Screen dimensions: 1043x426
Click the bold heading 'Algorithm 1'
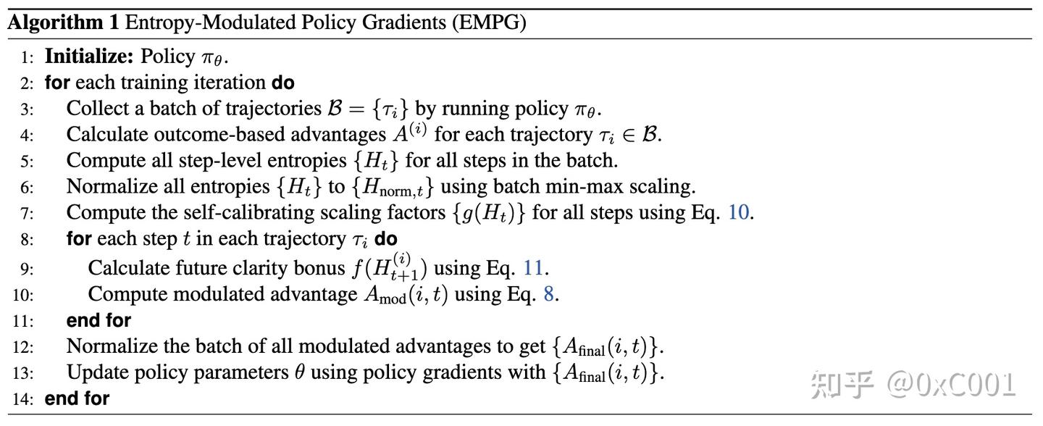63,22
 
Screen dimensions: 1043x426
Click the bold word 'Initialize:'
89,57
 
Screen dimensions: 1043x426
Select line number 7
27,214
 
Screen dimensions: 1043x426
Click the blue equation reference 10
739,212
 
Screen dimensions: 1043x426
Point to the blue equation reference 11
532,268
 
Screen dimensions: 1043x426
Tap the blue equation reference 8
548,294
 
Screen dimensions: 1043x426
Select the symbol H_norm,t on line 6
393,187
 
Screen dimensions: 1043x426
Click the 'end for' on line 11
99,320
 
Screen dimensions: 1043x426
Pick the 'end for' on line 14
77,398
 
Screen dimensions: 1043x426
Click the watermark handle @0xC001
951,385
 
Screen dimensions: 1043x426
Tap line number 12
23,347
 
